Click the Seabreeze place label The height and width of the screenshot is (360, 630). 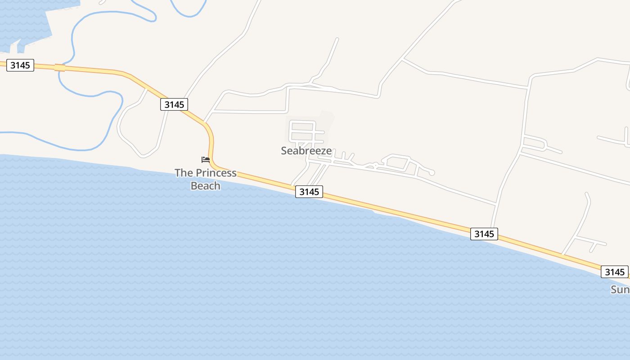tap(306, 151)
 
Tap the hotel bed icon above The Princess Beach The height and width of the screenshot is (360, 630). tap(206, 159)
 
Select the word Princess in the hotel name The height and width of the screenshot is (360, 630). tap(215, 173)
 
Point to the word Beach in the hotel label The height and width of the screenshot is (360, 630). tap(206, 185)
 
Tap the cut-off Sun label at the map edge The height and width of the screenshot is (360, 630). tap(620, 289)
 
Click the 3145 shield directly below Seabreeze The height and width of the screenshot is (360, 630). tap(309, 192)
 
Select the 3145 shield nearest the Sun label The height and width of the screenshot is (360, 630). tap(615, 272)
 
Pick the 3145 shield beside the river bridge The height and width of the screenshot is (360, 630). tap(20, 65)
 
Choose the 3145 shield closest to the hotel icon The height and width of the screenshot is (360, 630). tap(174, 104)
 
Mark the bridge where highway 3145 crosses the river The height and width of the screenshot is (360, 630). tap(60, 67)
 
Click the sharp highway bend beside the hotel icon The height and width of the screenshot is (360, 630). tap(210, 135)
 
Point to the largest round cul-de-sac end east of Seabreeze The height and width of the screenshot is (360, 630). tap(432, 172)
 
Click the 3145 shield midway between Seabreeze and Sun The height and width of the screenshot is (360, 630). tap(484, 234)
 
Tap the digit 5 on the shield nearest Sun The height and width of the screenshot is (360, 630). tap(623, 272)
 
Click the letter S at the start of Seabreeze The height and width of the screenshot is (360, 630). tap(284, 151)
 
